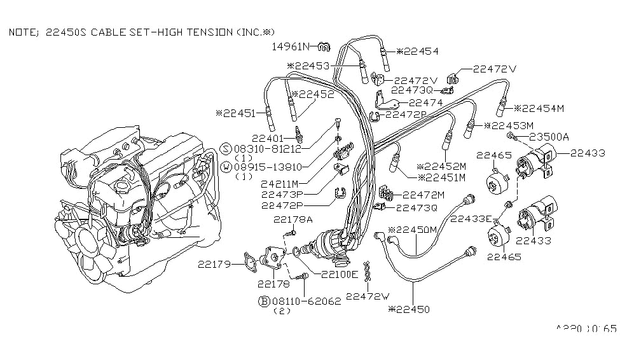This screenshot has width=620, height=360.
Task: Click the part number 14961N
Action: pyautogui.click(x=290, y=46)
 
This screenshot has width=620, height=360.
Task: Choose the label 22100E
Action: pyautogui.click(x=339, y=275)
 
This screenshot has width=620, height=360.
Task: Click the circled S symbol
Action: pyautogui.click(x=226, y=147)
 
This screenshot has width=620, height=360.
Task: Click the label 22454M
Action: pyautogui.click(x=542, y=108)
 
